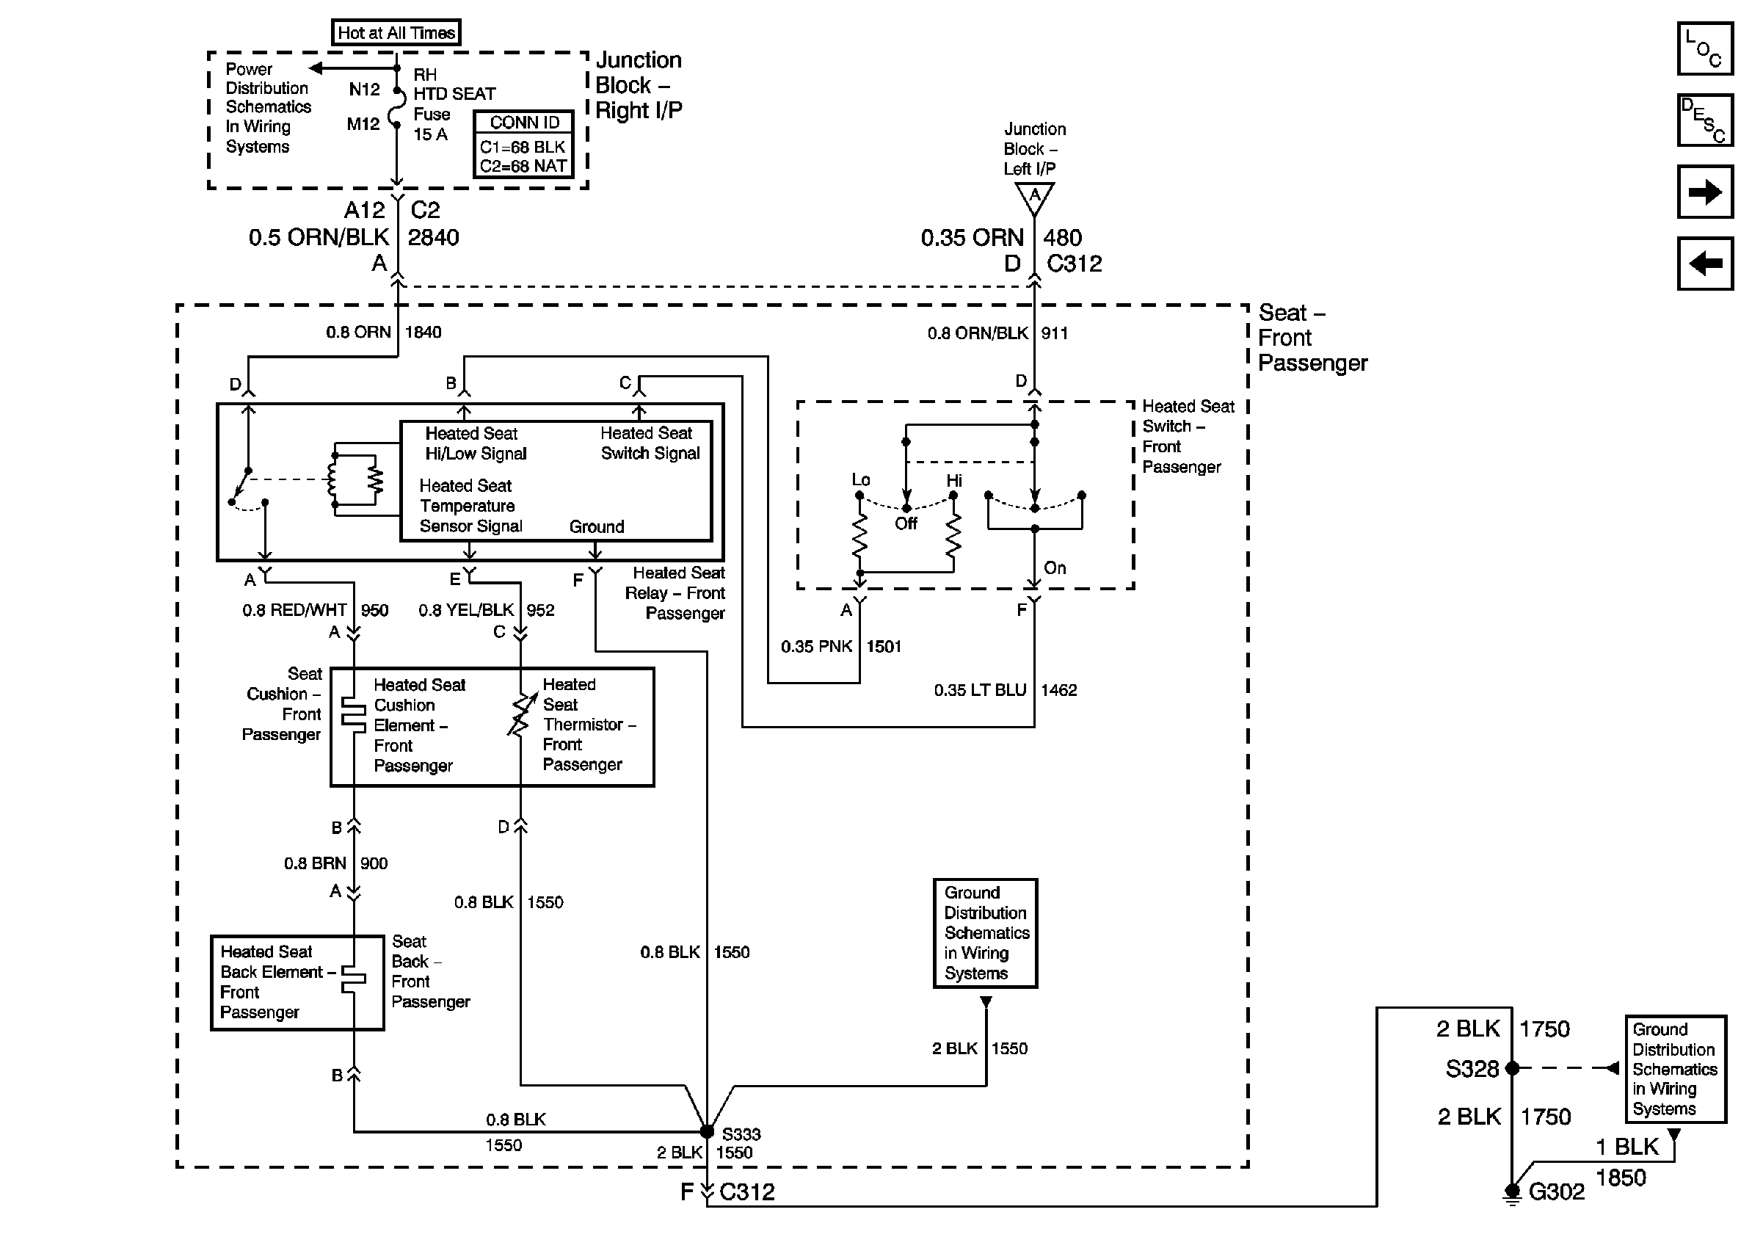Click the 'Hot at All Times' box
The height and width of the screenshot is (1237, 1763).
click(x=396, y=33)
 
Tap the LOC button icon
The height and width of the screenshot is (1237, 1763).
click(x=1704, y=48)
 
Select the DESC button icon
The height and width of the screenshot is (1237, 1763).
click(x=1704, y=120)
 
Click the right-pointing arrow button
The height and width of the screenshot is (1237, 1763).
click(x=1704, y=191)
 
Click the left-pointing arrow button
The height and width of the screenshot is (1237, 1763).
click(x=1704, y=264)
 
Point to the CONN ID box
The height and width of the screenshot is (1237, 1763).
click(x=523, y=144)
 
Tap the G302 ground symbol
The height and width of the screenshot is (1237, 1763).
click(x=1512, y=1192)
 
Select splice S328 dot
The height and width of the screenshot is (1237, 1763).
click(x=1512, y=1068)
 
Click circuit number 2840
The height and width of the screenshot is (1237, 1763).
click(x=433, y=237)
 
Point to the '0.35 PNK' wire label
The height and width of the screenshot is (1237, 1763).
click(x=816, y=647)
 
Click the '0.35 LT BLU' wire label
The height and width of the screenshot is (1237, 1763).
click(x=980, y=690)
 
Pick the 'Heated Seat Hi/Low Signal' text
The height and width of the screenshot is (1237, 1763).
click(x=476, y=443)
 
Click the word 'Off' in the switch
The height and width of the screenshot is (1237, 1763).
click(x=906, y=523)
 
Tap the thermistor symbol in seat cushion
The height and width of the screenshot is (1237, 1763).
click(x=521, y=715)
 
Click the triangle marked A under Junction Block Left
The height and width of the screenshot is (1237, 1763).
click(x=1034, y=197)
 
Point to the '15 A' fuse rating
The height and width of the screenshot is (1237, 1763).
click(x=430, y=134)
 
